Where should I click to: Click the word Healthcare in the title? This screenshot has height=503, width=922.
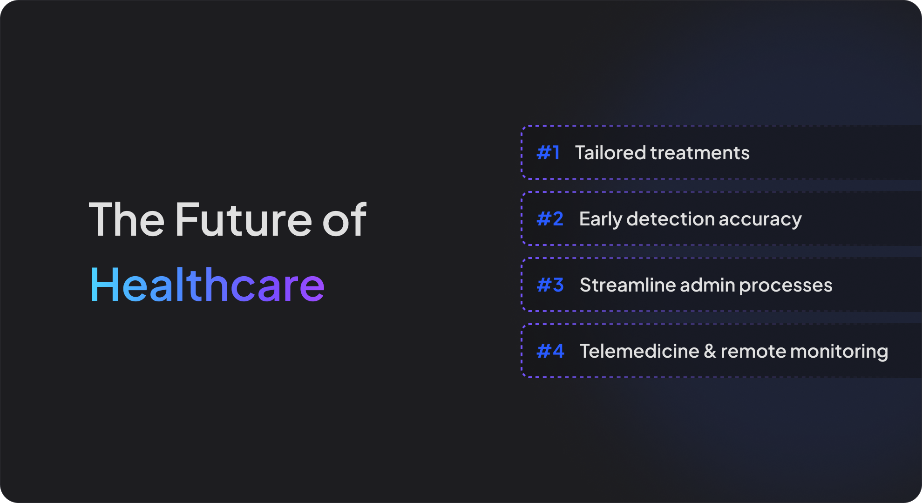pyautogui.click(x=207, y=285)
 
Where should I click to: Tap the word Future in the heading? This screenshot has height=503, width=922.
pyautogui.click(x=243, y=219)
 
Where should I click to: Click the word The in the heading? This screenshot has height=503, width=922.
pyautogui.click(x=127, y=219)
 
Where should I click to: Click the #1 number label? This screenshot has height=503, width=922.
pyautogui.click(x=548, y=153)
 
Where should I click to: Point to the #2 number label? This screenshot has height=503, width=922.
pyautogui.click(x=550, y=219)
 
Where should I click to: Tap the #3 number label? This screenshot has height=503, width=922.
pyautogui.click(x=550, y=285)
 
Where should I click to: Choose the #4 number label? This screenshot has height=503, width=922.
pyautogui.click(x=550, y=351)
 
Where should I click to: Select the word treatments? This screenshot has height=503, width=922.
pyautogui.click(x=700, y=153)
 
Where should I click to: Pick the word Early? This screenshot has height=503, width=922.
pyautogui.click(x=600, y=219)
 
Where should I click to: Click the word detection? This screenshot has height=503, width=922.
pyautogui.click(x=670, y=219)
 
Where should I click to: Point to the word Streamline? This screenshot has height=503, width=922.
pyautogui.click(x=628, y=285)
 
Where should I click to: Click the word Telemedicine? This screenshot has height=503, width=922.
pyautogui.click(x=639, y=351)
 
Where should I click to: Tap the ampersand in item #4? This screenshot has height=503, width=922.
pyautogui.click(x=710, y=351)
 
